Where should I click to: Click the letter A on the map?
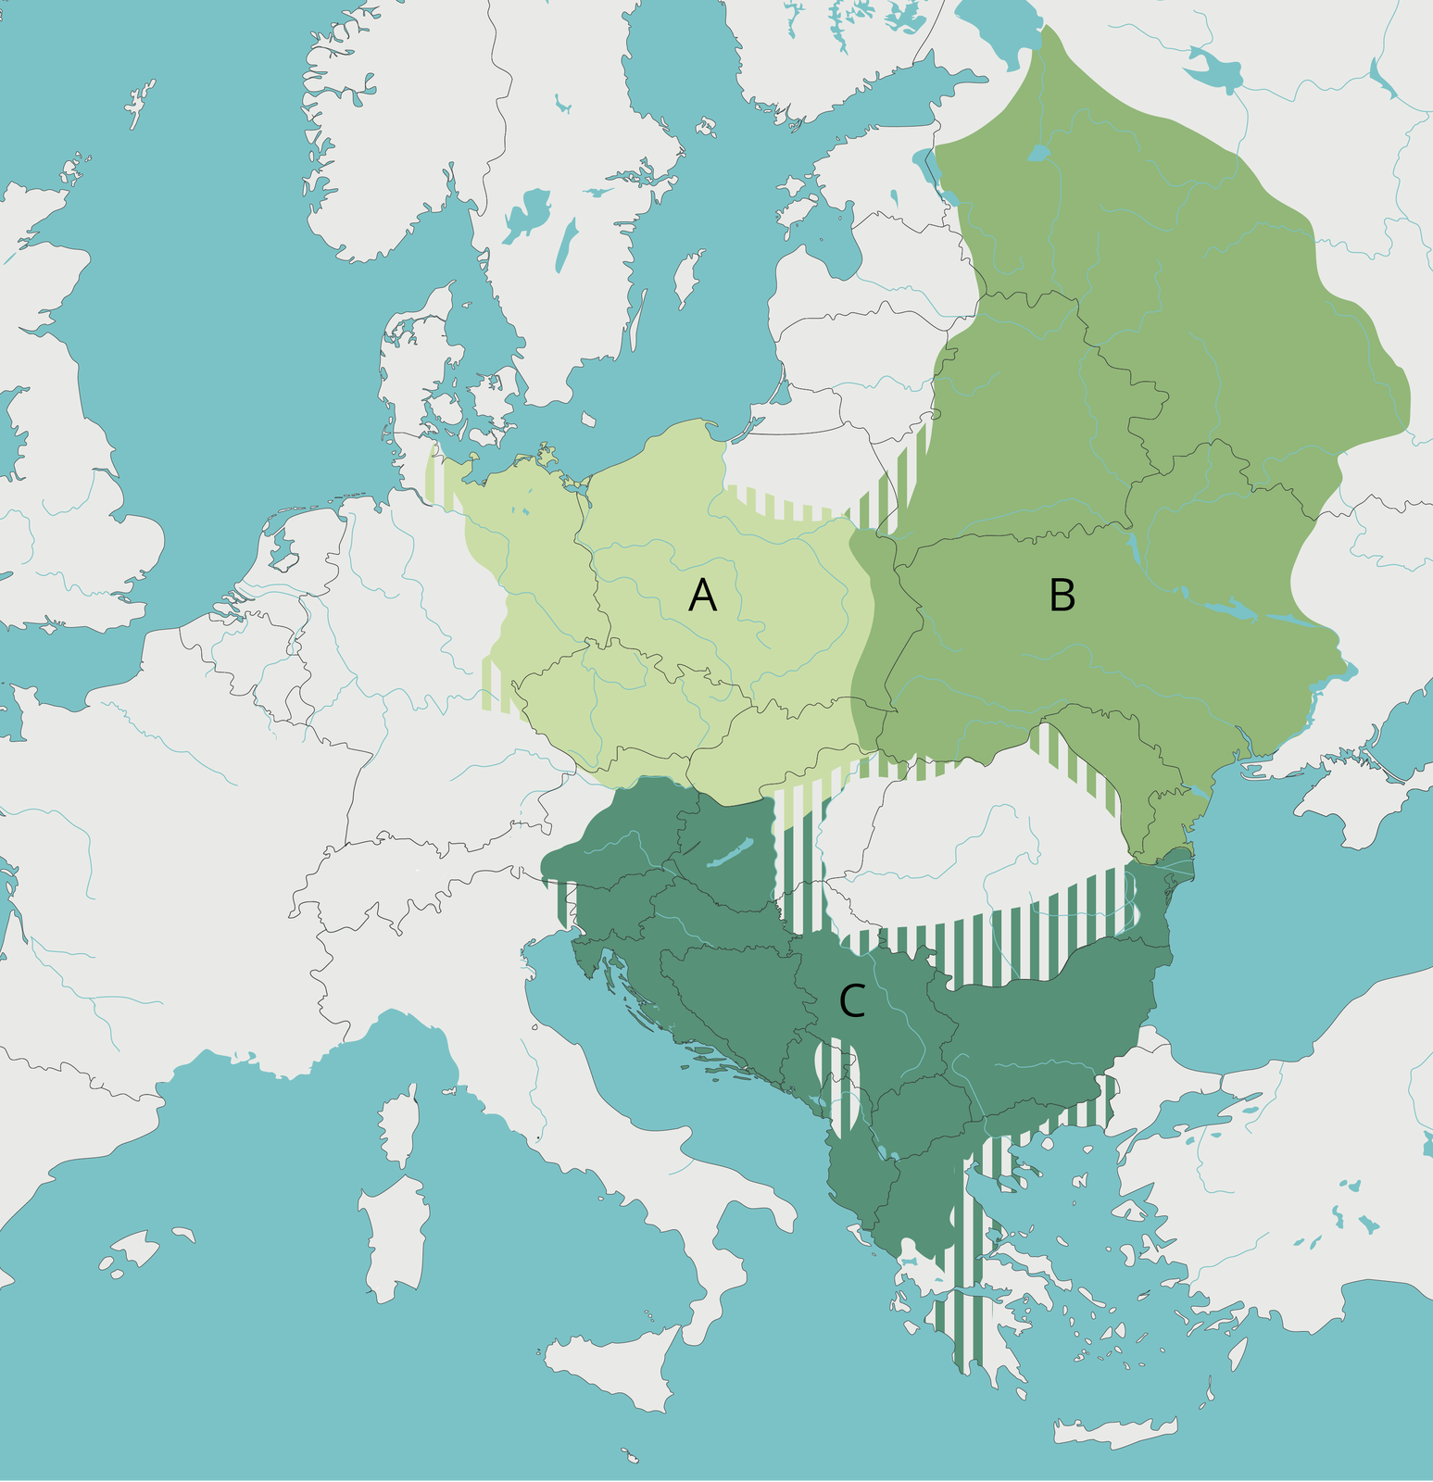tap(702, 596)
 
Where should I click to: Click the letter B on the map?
tap(1062, 596)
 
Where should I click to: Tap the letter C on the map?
tap(851, 1001)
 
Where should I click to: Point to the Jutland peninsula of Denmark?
tap(403, 370)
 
